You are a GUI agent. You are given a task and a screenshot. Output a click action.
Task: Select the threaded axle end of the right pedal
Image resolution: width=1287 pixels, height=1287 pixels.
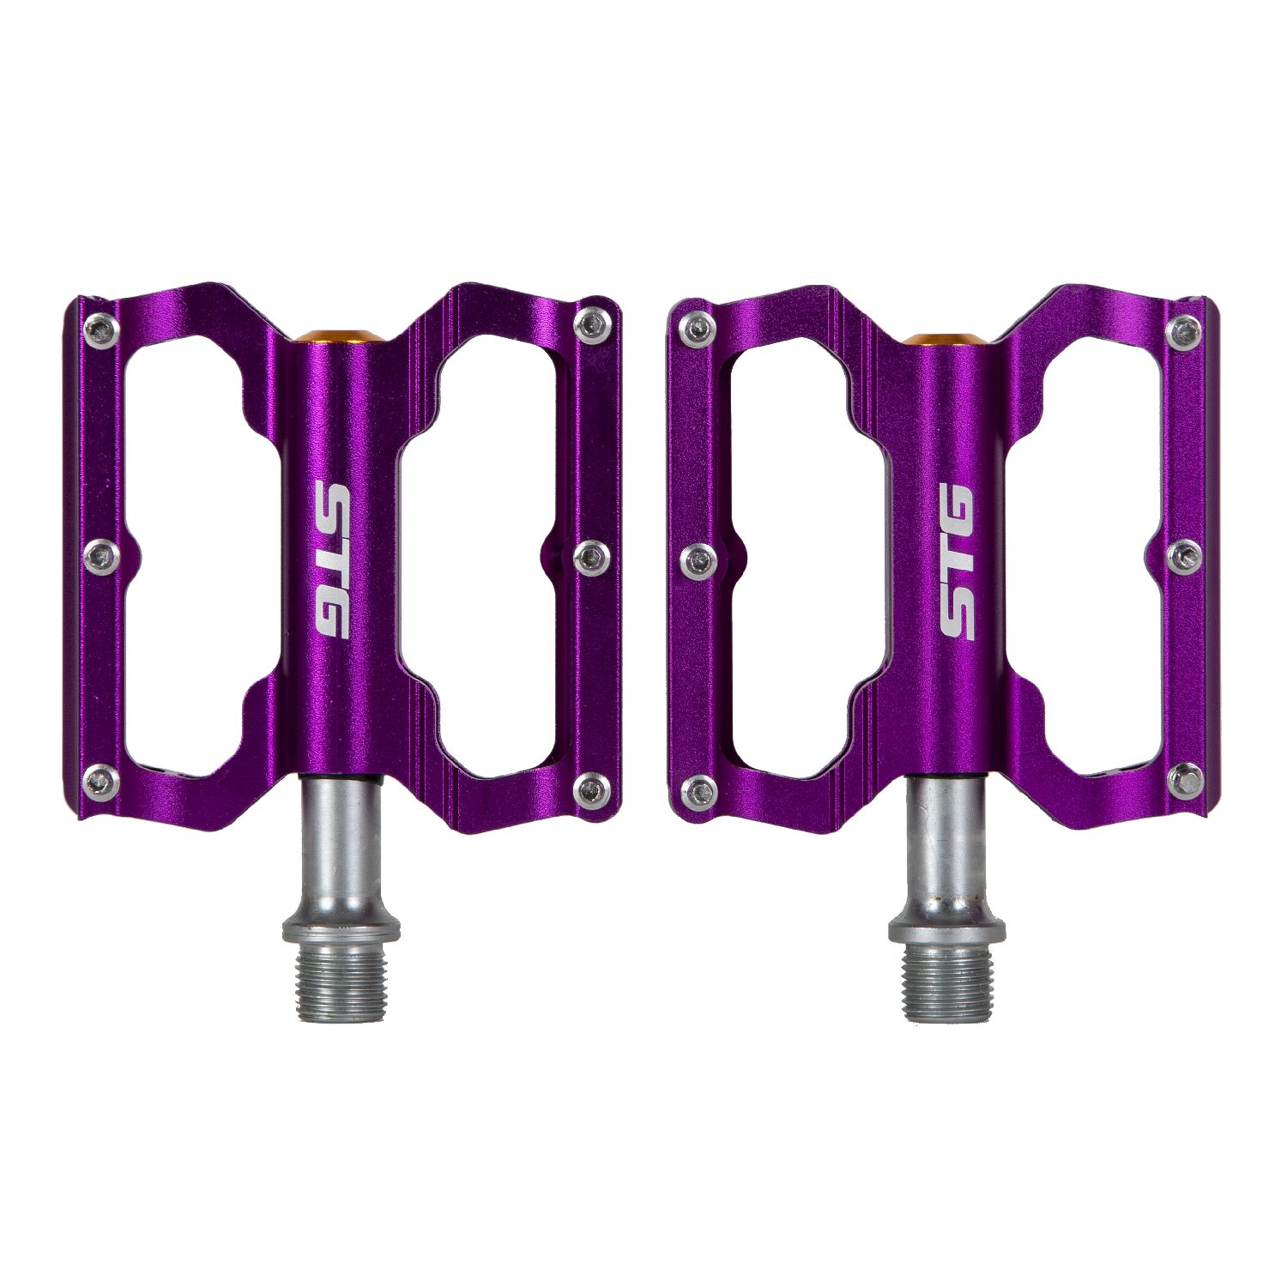pyautogui.click(x=946, y=982)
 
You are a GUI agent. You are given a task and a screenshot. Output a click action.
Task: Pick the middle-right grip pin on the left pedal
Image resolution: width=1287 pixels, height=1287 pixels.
pyautogui.click(x=590, y=559)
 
